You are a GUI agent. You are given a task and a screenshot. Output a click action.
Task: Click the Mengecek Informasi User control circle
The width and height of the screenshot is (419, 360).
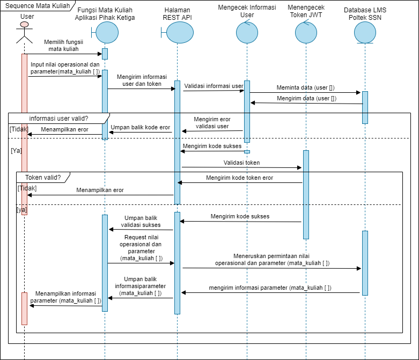pyautogui.click(x=246, y=34)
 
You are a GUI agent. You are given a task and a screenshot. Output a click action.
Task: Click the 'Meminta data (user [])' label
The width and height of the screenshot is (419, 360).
pyautogui.click(x=305, y=87)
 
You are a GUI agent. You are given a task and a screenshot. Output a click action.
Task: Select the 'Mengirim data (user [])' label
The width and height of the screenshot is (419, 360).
pyautogui.click(x=306, y=98)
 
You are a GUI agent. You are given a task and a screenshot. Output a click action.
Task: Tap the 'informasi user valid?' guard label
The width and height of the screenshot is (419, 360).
pyautogui.click(x=58, y=119)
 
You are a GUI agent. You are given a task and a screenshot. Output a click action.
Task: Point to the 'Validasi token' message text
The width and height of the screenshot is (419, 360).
pyautogui.click(x=241, y=162)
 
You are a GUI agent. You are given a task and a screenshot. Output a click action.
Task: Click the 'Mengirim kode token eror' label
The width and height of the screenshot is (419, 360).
pyautogui.click(x=239, y=178)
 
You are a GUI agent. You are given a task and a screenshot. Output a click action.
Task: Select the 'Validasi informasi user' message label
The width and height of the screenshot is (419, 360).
pyautogui.click(x=214, y=86)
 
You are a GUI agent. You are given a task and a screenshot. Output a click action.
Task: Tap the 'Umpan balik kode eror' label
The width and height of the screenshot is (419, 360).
pyautogui.click(x=141, y=128)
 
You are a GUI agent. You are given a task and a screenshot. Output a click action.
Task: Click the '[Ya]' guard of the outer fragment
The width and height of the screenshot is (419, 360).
pyautogui.click(x=16, y=151)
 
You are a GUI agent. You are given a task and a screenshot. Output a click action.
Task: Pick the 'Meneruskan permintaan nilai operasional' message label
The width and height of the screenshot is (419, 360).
pyautogui.click(x=272, y=260)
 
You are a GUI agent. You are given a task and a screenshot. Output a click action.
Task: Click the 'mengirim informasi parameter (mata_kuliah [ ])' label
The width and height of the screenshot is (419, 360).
pyautogui.click(x=270, y=288)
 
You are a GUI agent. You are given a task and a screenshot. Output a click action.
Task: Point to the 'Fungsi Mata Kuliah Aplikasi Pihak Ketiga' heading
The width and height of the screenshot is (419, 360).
pyautogui.click(x=105, y=14)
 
